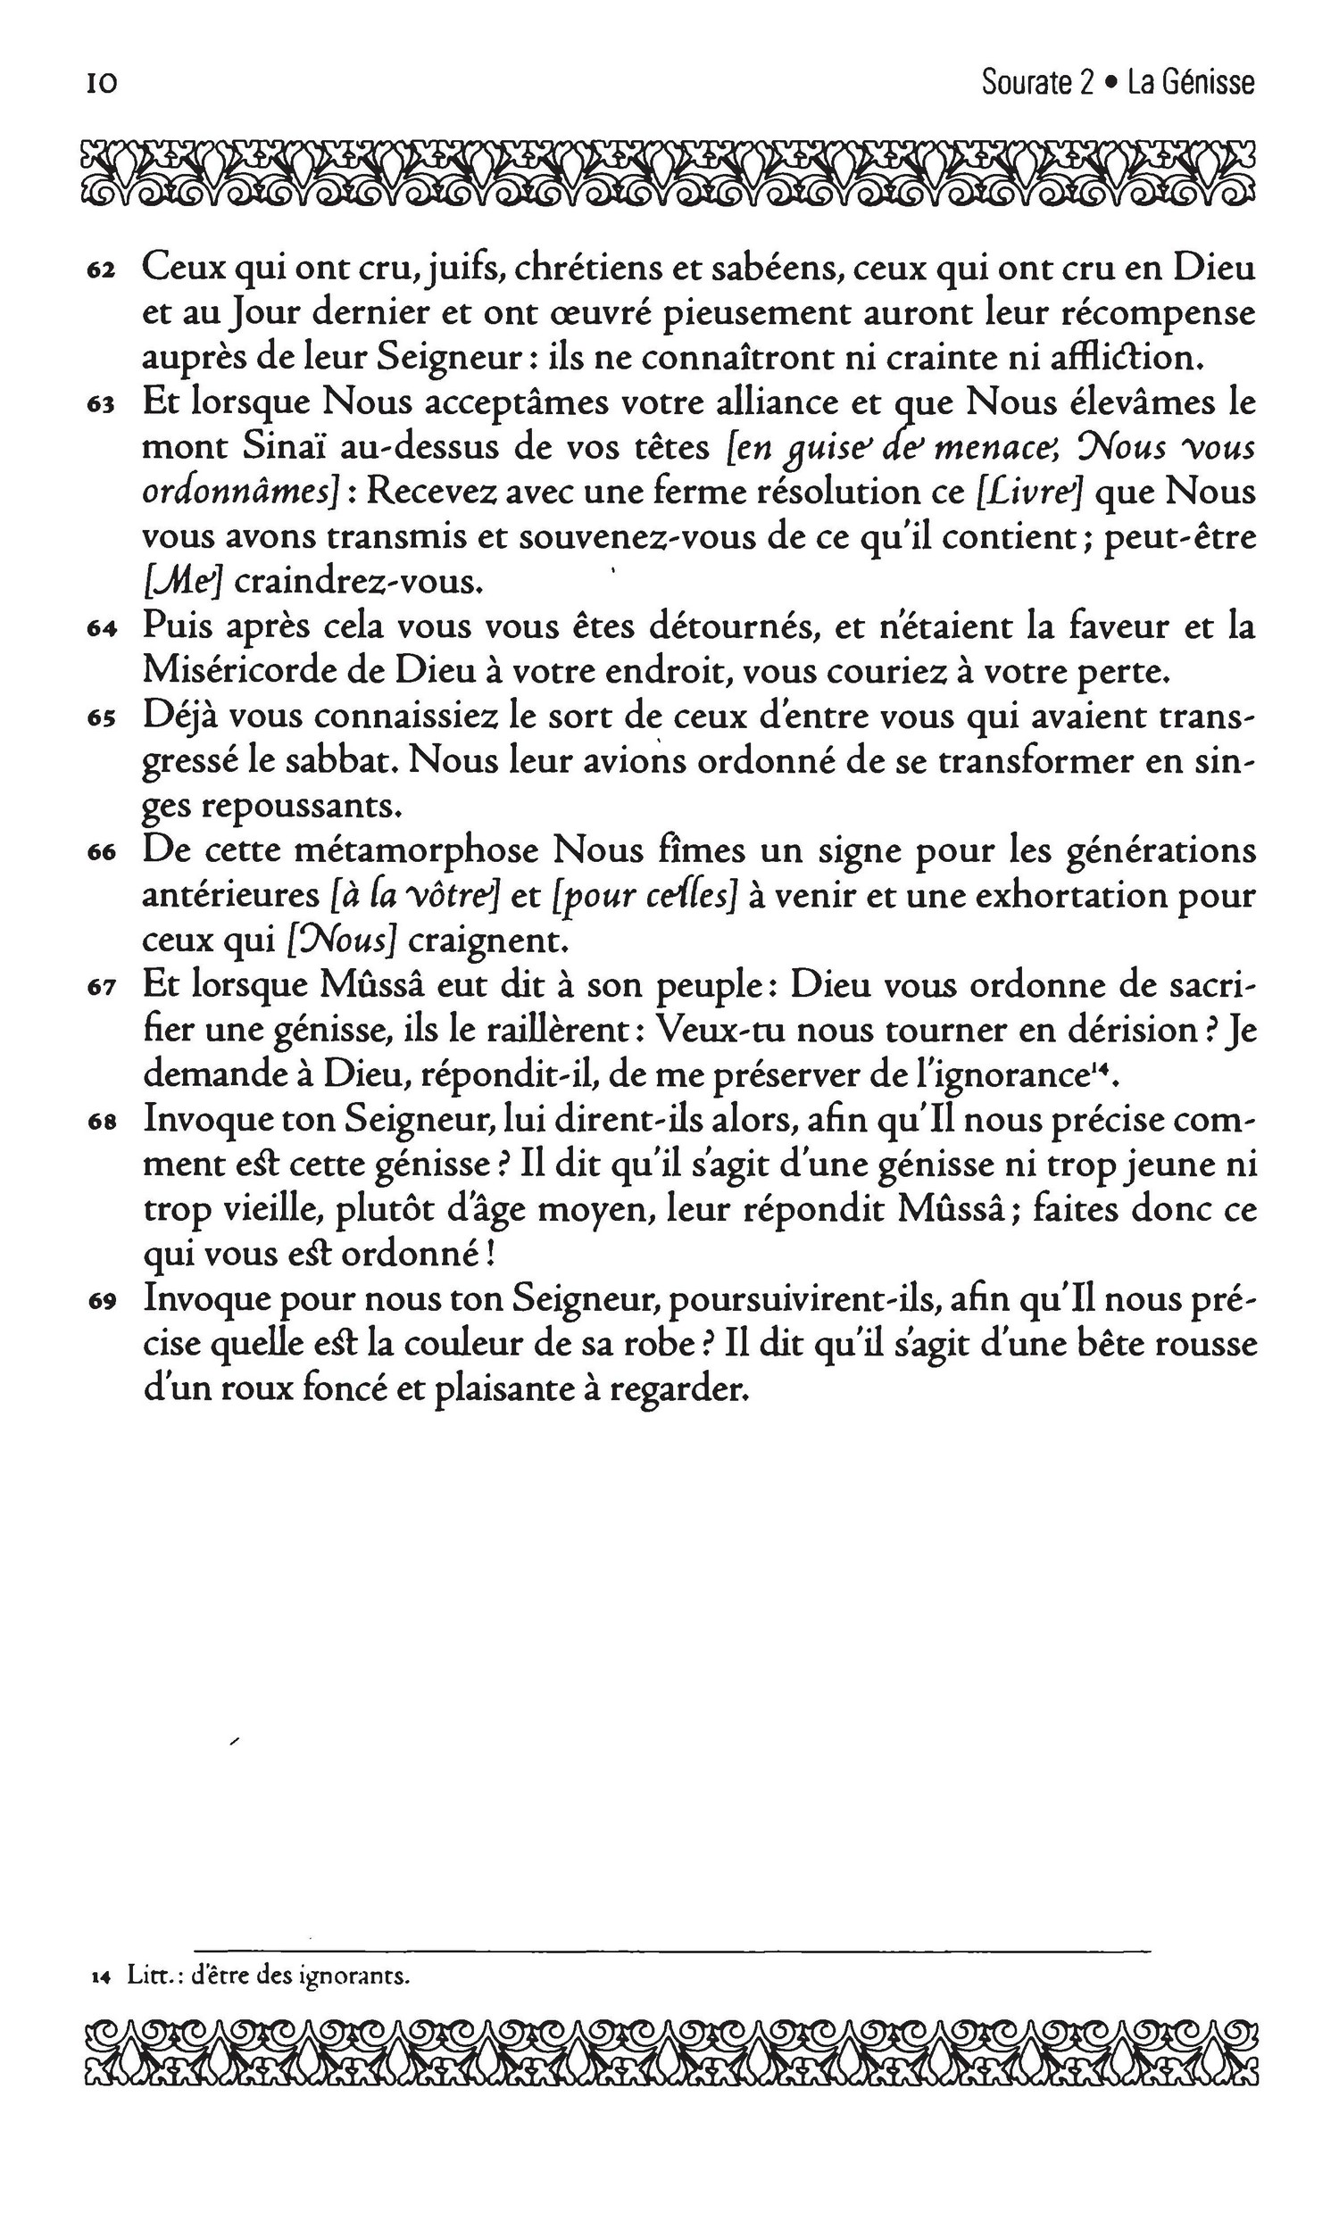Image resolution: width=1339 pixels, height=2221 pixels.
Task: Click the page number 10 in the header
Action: pos(101,84)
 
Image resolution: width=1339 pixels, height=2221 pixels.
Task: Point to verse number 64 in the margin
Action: pos(100,631)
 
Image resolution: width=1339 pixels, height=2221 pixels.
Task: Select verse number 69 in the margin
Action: pos(100,1302)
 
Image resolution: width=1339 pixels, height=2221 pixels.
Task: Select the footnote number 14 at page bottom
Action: pos(100,1978)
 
